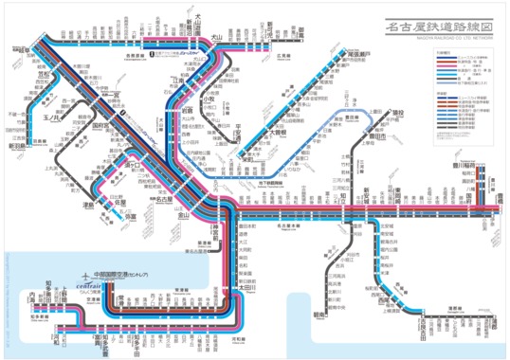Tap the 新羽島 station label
19,146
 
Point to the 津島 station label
88,203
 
